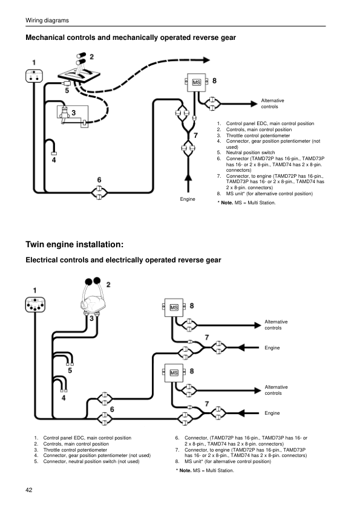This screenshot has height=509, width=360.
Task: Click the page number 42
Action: pyautogui.click(x=29, y=489)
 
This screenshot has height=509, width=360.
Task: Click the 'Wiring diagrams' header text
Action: pyautogui.click(x=47, y=21)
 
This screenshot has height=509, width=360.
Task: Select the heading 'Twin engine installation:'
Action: pyautogui.click(x=74, y=245)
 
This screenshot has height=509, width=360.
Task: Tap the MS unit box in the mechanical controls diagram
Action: pyautogui.click(x=197, y=82)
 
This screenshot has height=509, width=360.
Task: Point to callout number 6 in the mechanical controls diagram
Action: pyautogui.click(x=99, y=180)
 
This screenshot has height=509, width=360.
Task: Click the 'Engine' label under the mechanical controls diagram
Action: pyautogui.click(x=188, y=199)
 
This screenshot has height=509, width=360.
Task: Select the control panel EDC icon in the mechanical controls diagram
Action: pyautogui.click(x=34, y=77)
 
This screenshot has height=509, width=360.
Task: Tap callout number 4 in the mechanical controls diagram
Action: pyautogui.click(x=54, y=160)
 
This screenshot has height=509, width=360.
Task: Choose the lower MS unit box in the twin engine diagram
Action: pyautogui.click(x=174, y=372)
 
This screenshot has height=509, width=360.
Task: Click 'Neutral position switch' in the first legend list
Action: pyautogui.click(x=250, y=152)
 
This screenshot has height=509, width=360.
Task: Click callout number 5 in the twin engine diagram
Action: pyautogui.click(x=70, y=371)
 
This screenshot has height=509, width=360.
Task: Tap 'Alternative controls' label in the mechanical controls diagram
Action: pyautogui.click(x=272, y=103)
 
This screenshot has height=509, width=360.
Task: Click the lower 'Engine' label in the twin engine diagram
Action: pyautogui.click(x=272, y=412)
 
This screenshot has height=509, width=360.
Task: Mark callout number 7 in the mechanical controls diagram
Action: pyautogui.click(x=195, y=135)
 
